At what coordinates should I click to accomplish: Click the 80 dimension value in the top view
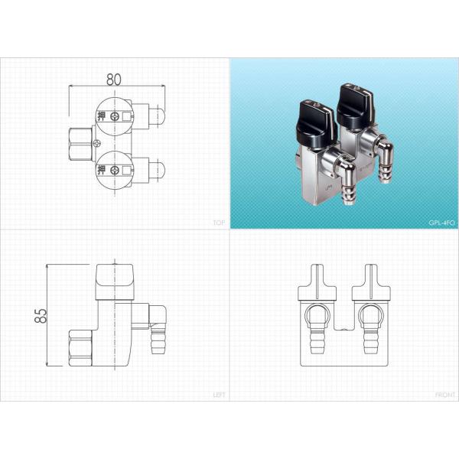(114, 78)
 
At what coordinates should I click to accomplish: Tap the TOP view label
(218, 223)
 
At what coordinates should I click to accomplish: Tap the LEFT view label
(217, 395)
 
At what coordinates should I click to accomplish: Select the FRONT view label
(444, 395)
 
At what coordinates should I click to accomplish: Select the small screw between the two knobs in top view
(96, 144)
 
